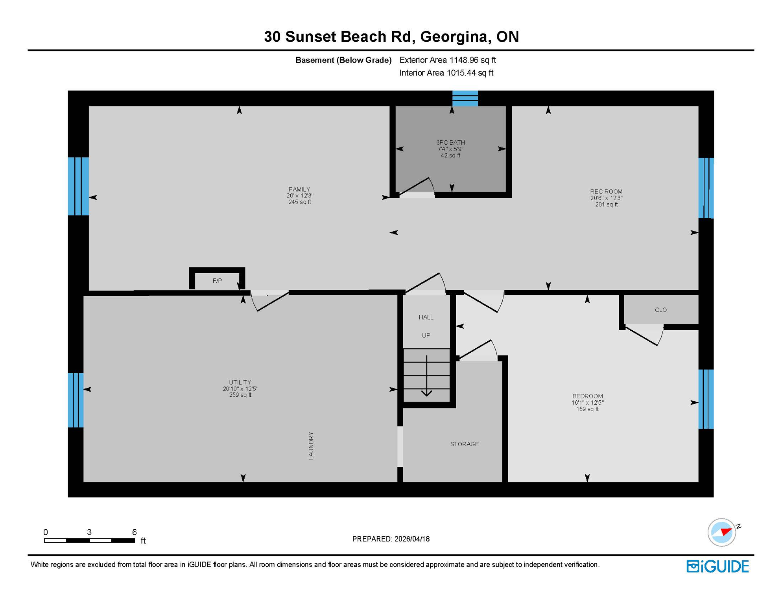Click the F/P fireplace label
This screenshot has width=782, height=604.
pos(217,281)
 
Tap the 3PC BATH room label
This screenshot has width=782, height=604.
pos(450,142)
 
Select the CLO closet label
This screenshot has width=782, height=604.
pos(660,310)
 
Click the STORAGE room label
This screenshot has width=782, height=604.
pos(464,444)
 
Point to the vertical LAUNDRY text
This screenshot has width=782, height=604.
pos(311,446)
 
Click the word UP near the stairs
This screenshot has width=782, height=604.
pos(426,335)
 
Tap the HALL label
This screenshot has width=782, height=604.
pos(426,317)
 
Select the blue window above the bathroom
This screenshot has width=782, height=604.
pos(465,98)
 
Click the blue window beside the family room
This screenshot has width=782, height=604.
pos(78,186)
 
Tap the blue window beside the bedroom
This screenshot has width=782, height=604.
pos(706,399)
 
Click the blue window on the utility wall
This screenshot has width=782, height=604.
pos(76,400)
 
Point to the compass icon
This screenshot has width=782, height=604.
pos(721,532)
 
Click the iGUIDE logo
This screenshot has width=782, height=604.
pos(717,566)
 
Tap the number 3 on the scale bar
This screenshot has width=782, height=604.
pos(89,532)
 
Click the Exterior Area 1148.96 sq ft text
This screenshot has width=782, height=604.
pos(447,60)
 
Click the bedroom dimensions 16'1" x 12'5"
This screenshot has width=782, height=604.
pos(587,403)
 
